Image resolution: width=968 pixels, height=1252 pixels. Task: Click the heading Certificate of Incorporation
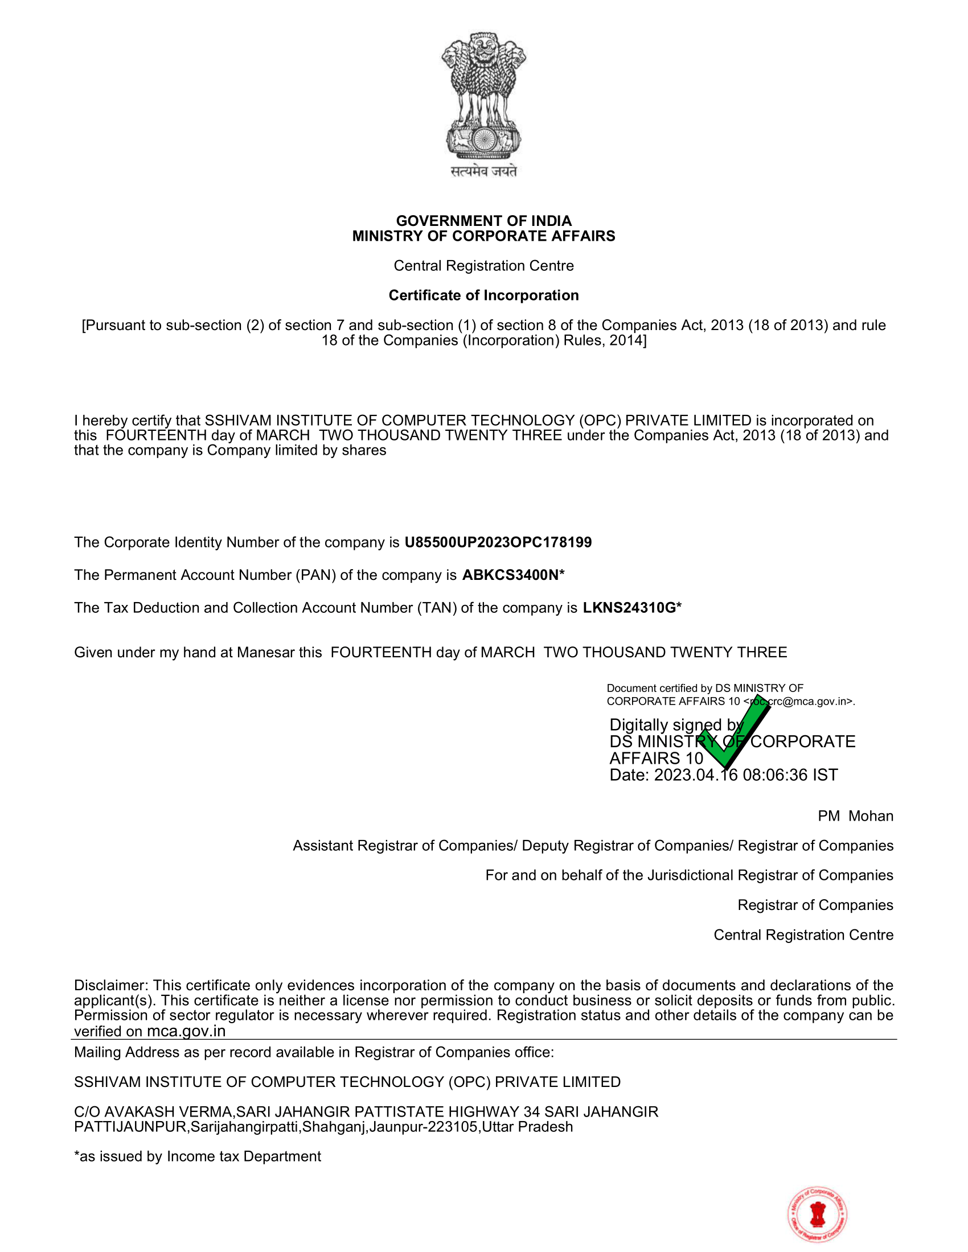(483, 295)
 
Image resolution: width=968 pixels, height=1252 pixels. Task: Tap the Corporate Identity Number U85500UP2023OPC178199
(498, 542)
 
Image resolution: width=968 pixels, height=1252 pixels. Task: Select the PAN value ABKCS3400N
(510, 575)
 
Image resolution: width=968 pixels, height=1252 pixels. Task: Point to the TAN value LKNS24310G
(629, 608)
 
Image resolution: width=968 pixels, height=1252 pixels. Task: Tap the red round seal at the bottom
(817, 1214)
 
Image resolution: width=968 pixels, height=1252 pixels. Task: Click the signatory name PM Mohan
(855, 816)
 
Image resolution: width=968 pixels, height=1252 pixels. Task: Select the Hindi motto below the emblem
(483, 171)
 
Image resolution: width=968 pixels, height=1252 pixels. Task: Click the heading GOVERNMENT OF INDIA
(483, 221)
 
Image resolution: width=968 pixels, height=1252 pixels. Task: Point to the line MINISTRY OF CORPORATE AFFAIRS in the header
(483, 236)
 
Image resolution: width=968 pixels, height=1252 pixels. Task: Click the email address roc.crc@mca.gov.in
(799, 702)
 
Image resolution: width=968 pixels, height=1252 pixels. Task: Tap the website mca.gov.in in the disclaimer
(186, 1031)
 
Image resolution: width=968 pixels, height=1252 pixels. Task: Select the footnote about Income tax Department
(197, 1156)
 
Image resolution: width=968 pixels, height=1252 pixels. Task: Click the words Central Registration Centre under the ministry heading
(483, 266)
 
